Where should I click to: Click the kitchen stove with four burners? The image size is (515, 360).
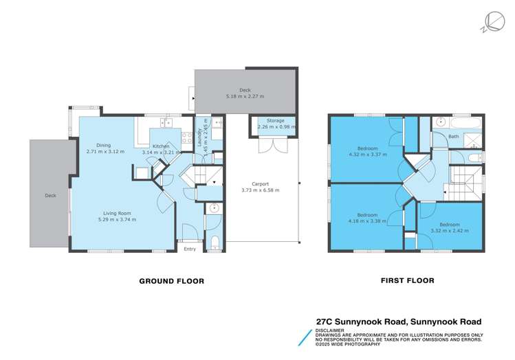coord(186,136)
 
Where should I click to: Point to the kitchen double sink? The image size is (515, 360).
coord(166,123)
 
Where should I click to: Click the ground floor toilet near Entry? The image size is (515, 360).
coord(214,241)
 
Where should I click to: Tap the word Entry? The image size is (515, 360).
coord(190,249)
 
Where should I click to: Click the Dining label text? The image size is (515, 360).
coord(104,145)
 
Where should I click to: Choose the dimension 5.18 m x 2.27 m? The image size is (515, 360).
coord(246,97)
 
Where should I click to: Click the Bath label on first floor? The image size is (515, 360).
coord(453,137)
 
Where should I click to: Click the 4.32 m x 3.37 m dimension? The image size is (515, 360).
coord(372,155)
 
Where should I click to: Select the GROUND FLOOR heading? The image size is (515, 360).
coord(171,281)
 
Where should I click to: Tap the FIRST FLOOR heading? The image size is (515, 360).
coord(408,280)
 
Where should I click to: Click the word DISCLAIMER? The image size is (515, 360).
coord(331,329)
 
